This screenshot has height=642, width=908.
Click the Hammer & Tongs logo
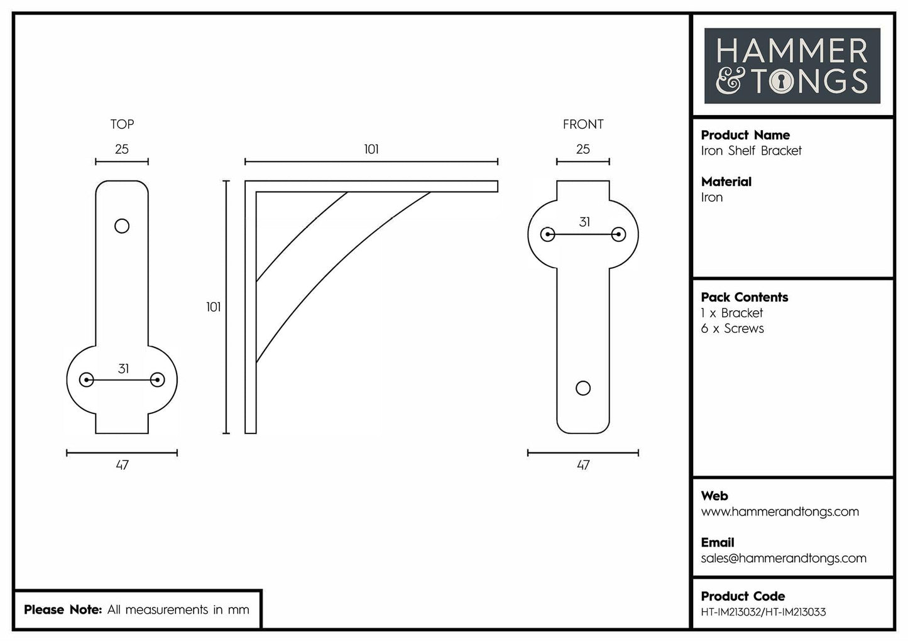pyautogui.click(x=792, y=66)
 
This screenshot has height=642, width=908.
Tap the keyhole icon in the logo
pyautogui.click(x=781, y=82)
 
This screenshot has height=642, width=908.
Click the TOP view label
pyautogui.click(x=122, y=124)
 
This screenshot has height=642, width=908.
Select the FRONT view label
pyautogui.click(x=583, y=124)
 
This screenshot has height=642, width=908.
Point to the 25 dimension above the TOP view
pyautogui.click(x=122, y=149)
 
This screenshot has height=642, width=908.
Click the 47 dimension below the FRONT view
pyautogui.click(x=583, y=465)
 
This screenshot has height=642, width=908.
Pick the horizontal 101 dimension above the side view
pyautogui.click(x=371, y=149)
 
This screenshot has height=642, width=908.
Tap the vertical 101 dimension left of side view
pyautogui.click(x=213, y=307)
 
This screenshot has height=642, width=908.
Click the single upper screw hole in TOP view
pyautogui.click(x=122, y=226)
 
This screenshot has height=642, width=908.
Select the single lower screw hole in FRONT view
pyautogui.click(x=583, y=388)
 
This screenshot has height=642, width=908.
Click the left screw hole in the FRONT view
pyautogui.click(x=547, y=235)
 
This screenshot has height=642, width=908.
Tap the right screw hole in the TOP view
pyautogui.click(x=158, y=379)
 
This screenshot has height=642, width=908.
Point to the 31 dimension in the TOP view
pyautogui.click(x=123, y=369)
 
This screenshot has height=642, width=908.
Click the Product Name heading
pyautogui.click(x=745, y=135)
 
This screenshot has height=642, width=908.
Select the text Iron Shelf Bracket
pyautogui.click(x=751, y=151)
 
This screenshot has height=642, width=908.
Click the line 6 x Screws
pyautogui.click(x=732, y=329)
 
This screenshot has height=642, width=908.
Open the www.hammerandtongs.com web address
pyautogui.click(x=779, y=511)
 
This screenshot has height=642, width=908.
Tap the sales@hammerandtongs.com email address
pyautogui.click(x=783, y=558)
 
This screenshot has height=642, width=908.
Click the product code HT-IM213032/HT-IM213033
pyautogui.click(x=763, y=612)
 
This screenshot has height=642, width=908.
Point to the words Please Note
pyautogui.click(x=62, y=609)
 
